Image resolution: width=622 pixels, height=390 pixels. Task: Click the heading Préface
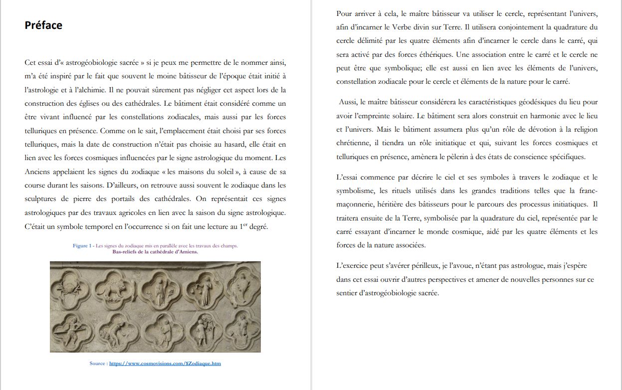43,25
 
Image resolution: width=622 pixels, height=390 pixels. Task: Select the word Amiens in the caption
187,251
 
